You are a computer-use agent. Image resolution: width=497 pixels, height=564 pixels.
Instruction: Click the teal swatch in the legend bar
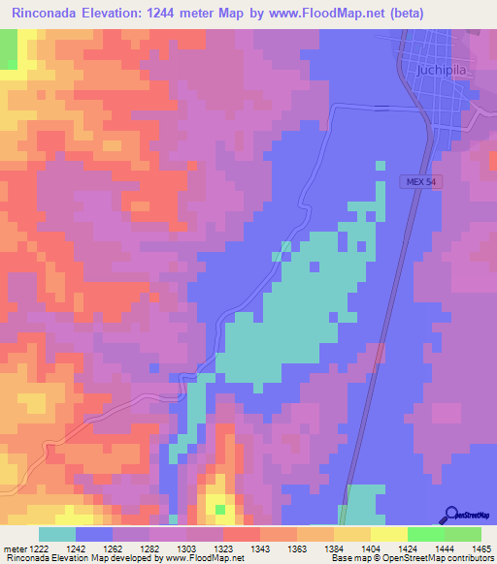coord(57,534)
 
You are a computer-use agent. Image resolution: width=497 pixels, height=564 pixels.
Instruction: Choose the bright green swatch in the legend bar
coord(425,534)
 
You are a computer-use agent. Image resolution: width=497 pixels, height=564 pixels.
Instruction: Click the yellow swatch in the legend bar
coord(388,534)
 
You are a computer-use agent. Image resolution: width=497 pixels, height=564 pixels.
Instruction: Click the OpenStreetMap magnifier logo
coord(450,516)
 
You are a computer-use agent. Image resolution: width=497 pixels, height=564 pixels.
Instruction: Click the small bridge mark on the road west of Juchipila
coord(382,107)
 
